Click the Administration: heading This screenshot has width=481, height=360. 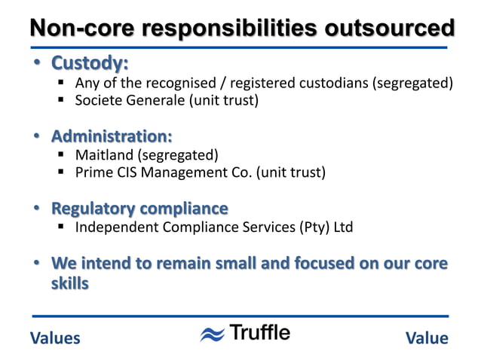click(111, 136)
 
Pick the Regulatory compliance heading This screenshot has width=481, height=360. click(139, 208)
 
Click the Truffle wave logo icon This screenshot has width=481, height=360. click(213, 334)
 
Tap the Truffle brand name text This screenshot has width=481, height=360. click(259, 333)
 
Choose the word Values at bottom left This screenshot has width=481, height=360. click(55, 338)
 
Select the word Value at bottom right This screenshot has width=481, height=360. click(427, 338)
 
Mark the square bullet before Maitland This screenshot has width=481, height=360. click(61, 156)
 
